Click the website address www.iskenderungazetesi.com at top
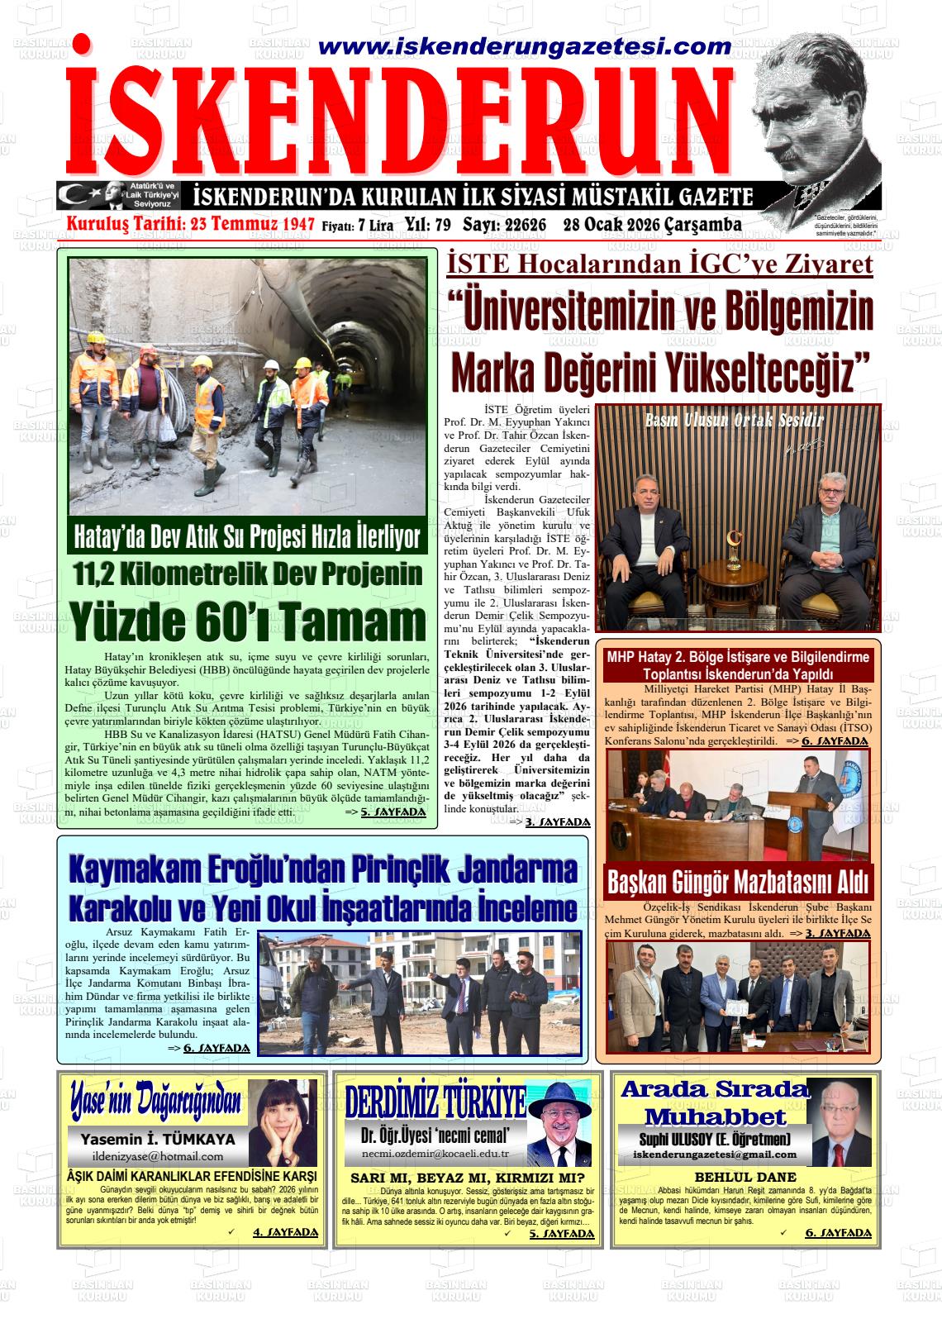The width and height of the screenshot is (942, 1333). [524, 47]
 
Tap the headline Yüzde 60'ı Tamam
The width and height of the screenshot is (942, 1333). [247, 623]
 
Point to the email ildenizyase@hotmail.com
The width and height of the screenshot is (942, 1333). [158, 1156]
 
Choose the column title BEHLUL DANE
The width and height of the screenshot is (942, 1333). [745, 1177]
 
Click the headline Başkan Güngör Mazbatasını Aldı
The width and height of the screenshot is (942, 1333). [738, 882]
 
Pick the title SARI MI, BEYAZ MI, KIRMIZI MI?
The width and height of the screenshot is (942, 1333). [468, 1178]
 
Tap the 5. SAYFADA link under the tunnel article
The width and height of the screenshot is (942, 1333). [392, 812]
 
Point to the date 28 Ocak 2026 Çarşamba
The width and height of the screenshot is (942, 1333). [653, 225]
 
